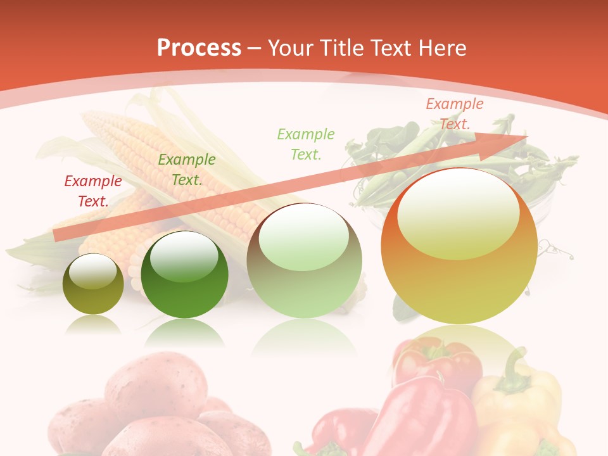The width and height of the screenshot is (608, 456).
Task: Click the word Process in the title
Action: [199, 47]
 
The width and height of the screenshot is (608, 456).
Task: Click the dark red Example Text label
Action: [92, 191]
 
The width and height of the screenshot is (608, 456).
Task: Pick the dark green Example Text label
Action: [186, 170]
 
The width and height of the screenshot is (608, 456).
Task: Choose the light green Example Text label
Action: [306, 144]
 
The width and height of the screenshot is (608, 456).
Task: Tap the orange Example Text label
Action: [454, 114]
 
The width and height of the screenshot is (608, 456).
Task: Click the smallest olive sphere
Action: [93, 284]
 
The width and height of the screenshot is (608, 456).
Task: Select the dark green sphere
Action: [184, 275]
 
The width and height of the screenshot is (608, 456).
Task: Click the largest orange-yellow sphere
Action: [459, 247]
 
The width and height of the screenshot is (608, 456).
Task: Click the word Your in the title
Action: [291, 48]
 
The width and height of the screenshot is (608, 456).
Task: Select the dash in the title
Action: [255, 48]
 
